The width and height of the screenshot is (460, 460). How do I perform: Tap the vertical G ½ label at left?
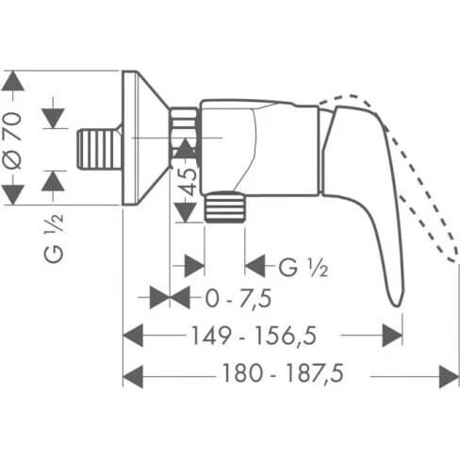(54, 238)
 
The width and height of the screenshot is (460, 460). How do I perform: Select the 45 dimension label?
(189, 182)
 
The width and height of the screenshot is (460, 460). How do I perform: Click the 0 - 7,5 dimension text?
(238, 298)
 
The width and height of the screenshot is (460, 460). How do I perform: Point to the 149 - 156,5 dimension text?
(254, 336)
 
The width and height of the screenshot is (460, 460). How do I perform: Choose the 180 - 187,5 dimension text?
(283, 373)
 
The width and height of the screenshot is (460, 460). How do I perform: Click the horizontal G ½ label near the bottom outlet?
(304, 268)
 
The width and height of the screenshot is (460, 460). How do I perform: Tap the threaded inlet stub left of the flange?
(99, 150)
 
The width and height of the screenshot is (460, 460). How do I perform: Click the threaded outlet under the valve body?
(225, 207)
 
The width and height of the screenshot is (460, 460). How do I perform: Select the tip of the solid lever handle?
(397, 305)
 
